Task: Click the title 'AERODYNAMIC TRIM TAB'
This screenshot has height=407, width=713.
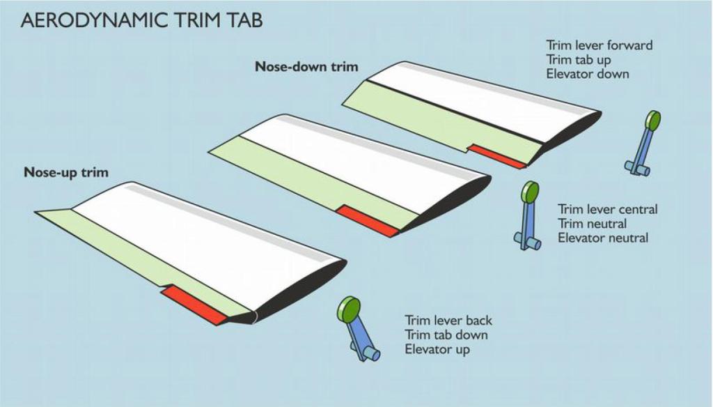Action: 141,20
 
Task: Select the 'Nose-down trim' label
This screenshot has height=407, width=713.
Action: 306,66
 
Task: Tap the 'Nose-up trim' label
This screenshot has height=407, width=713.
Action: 66,173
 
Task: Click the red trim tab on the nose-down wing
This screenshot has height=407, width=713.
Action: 497,156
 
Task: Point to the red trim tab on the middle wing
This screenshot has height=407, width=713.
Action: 368,221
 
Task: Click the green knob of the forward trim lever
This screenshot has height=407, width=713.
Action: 653,121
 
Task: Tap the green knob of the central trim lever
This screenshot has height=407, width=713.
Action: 530,192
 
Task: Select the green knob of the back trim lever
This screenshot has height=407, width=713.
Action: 349,309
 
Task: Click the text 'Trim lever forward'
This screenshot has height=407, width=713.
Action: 600,45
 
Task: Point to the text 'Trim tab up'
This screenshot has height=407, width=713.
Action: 579,60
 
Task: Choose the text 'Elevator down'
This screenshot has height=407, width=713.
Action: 588,74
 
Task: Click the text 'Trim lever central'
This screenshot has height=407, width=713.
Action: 607,209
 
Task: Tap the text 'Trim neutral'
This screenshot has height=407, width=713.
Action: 592,224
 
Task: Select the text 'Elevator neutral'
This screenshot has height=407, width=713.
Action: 603,238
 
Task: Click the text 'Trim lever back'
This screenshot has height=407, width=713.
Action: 448,321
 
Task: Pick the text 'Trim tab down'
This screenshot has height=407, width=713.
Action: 446,335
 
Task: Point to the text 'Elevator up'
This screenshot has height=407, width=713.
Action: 437,350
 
